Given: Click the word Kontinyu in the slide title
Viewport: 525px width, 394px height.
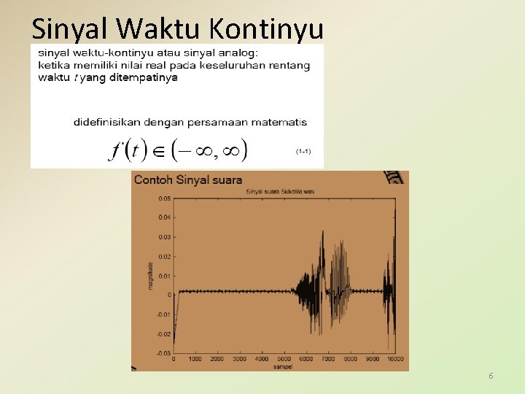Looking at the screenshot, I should [x=266, y=28].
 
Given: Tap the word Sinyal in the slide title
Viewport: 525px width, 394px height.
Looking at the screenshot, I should [x=70, y=28].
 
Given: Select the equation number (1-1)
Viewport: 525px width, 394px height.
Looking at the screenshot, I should [x=303, y=151].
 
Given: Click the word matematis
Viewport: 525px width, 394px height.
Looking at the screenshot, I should [x=280, y=122].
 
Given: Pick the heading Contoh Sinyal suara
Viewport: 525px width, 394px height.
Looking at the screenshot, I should [x=188, y=179].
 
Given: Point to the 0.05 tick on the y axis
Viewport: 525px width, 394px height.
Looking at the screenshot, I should [x=164, y=198].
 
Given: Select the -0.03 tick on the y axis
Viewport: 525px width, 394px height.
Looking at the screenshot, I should [x=163, y=353].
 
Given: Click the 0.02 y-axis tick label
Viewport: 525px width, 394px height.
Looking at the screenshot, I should [x=164, y=256].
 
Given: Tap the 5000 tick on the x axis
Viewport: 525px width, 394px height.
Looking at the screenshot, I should [x=284, y=360].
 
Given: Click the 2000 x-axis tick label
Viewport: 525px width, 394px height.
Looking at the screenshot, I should [x=217, y=360].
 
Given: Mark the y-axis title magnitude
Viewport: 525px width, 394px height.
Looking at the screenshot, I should [x=150, y=276].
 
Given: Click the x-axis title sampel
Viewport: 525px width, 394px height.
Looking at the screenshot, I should [x=284, y=366].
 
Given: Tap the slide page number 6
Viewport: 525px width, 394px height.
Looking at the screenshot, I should [x=491, y=376].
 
